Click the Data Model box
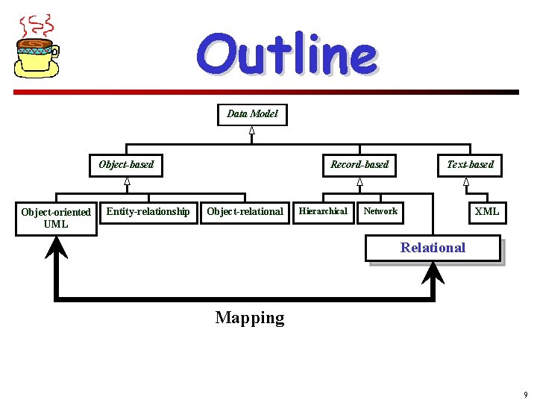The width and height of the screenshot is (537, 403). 252,114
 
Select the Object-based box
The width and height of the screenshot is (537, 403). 127,165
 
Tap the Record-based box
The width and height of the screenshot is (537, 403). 359,165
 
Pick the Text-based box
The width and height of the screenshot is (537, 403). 470,165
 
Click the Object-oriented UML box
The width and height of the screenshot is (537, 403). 56,218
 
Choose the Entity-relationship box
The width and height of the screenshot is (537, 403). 148,212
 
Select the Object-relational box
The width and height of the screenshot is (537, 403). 245,212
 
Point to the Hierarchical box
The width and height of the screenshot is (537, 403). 323,212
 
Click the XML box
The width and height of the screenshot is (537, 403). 487,212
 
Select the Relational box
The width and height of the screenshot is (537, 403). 433,249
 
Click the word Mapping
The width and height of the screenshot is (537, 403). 250,318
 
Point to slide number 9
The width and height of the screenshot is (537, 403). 526,395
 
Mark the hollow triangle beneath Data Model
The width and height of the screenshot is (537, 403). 252,131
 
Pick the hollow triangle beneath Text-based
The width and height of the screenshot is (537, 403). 466,181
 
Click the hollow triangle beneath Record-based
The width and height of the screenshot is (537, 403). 359,181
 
